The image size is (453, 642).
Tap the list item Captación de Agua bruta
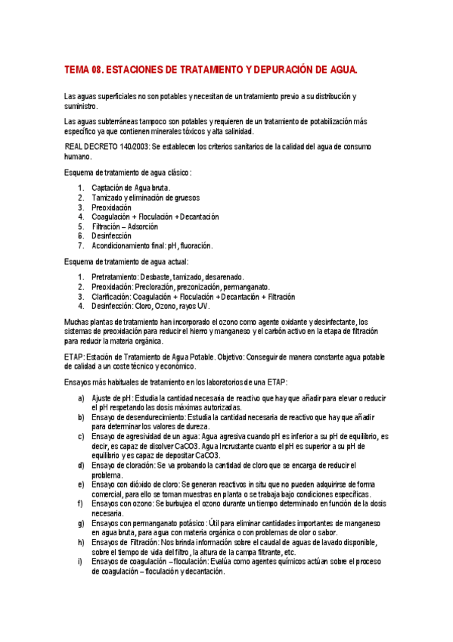131,188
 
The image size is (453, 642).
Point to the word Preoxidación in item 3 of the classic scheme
111,207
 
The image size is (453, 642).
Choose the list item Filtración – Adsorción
125,226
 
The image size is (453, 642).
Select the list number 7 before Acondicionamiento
80,246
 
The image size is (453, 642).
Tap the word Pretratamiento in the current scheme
114,277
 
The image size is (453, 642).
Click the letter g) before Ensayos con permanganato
81,523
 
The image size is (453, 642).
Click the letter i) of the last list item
81,561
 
